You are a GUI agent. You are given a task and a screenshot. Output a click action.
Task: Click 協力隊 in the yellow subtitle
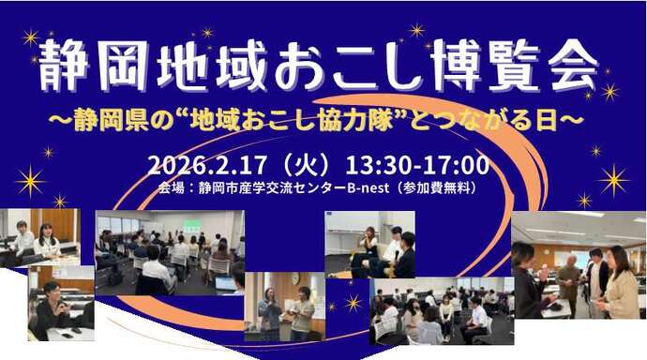tap(459, 122)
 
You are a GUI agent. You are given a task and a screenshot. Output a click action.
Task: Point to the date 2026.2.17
tap(203, 167)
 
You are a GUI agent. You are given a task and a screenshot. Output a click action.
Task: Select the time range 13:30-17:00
tap(417, 167)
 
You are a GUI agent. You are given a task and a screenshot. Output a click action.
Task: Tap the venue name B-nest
tap(371, 188)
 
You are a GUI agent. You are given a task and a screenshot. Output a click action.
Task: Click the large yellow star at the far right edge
tap(613, 180)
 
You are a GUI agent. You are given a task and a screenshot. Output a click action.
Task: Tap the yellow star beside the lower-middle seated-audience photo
tap(353, 302)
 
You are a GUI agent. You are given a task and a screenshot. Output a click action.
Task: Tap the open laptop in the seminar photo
tap(225, 280)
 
